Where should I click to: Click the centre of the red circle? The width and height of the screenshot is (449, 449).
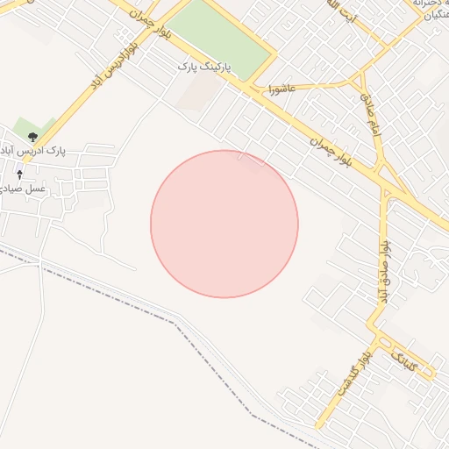click(224, 224)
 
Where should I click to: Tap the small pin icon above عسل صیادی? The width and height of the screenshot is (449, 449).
click(19, 175)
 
